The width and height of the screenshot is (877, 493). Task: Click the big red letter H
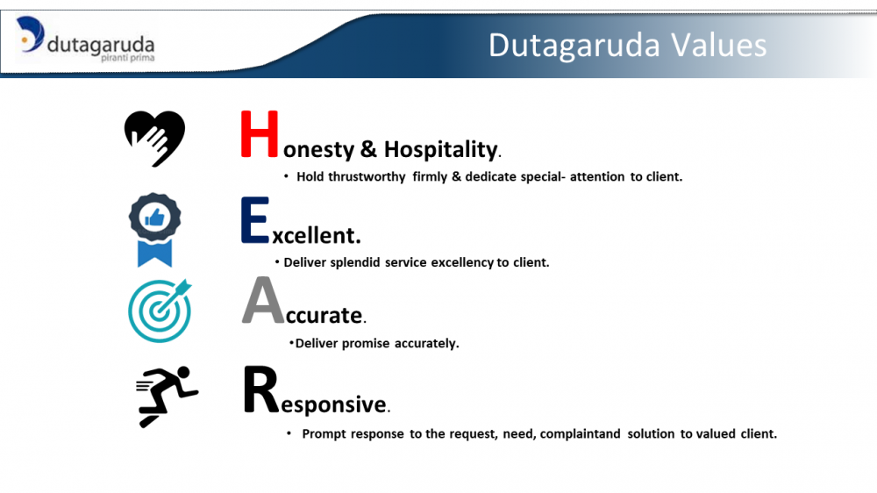point(260,133)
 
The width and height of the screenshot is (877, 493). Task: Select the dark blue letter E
point(255,219)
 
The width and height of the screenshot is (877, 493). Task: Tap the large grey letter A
point(263,300)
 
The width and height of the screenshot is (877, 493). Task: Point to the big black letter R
point(260,389)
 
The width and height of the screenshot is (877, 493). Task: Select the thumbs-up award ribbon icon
point(155,230)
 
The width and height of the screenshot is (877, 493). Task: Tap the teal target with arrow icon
point(160,311)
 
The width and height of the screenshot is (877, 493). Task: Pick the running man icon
point(167,397)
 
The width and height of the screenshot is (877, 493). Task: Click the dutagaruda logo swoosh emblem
point(30,34)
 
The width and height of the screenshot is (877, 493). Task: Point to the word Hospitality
point(441,150)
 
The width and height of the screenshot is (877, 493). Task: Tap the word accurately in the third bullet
point(426,344)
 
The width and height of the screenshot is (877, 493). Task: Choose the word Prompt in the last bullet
point(324,434)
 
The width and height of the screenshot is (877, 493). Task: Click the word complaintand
point(580,434)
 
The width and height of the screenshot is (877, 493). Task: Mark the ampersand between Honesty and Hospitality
point(368,149)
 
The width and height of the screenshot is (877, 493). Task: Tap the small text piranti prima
point(127,58)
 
